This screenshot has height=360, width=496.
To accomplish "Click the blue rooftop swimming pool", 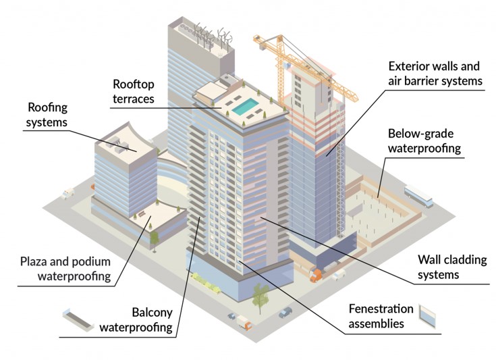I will [245, 105].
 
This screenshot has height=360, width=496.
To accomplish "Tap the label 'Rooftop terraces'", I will [134, 92].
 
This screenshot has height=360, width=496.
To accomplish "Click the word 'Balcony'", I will [151, 313].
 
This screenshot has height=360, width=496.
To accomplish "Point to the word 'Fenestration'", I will [381, 309].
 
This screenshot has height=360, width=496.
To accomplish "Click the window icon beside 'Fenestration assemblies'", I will [426, 313].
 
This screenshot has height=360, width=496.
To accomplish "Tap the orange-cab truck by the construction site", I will [315, 274].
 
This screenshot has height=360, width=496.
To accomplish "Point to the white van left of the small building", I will [67, 194].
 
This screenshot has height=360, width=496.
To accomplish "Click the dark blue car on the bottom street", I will [285, 312].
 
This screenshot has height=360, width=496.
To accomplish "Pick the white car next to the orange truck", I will [338, 274].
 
